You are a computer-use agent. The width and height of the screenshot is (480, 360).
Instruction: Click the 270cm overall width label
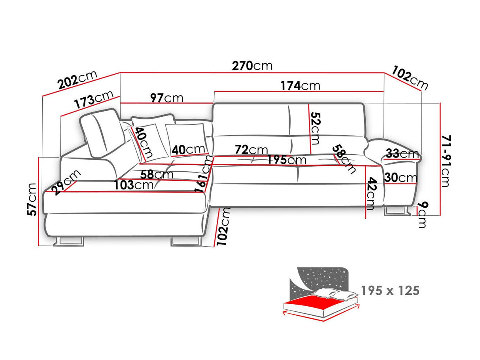point(252,66)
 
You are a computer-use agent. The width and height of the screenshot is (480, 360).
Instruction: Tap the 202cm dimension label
point(77,80)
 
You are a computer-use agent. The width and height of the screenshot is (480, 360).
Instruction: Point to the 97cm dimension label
point(166,98)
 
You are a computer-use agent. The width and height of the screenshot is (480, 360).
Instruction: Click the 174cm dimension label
point(300,85)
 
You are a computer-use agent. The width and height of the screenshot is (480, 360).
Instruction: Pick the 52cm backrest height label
point(315,129)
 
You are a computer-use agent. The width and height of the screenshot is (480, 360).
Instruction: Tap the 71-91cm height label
point(446,161)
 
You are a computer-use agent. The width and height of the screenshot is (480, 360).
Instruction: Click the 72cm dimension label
point(251,150)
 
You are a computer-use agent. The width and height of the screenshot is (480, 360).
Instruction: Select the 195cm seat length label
point(287,160)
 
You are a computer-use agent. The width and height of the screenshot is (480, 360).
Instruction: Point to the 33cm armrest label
point(402,153)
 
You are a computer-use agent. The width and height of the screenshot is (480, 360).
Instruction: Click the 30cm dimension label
point(401,178)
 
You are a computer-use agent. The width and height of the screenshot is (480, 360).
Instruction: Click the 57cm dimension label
point(32,199)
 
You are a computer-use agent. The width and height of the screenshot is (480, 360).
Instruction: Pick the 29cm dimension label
point(66,182)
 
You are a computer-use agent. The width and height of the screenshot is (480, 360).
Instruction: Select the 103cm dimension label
point(134,185)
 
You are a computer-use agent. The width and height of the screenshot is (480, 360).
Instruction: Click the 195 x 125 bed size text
point(390,291)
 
